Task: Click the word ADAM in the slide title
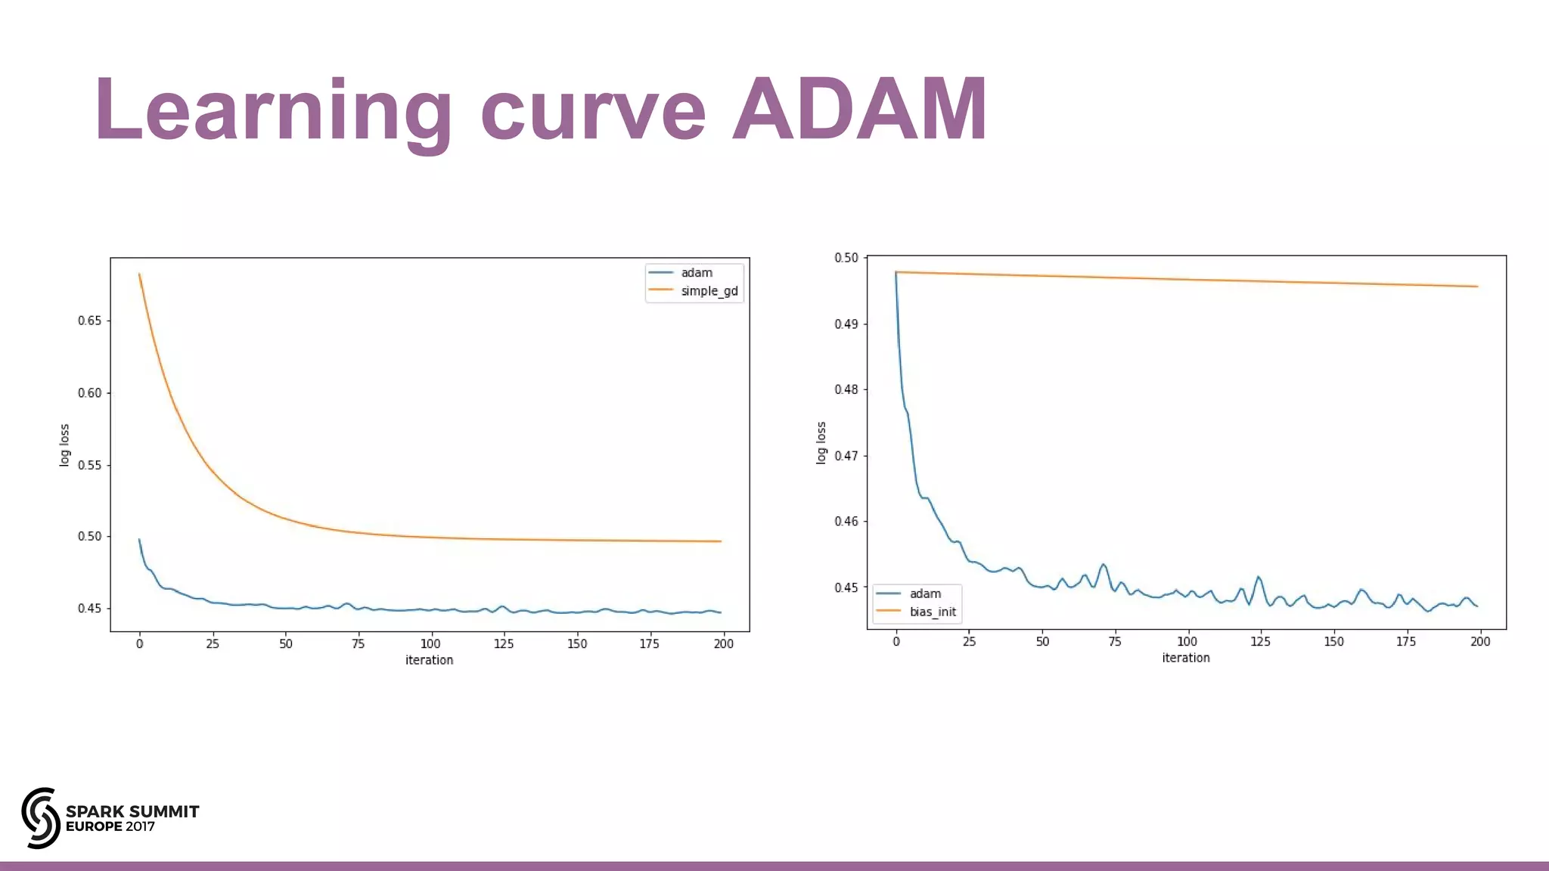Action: pyautogui.click(x=860, y=109)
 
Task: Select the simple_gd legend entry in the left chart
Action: pyautogui.click(x=709, y=291)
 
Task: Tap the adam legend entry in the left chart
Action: pyautogui.click(x=696, y=273)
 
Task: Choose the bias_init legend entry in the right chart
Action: pyautogui.click(x=932, y=612)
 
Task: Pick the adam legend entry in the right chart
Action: pyautogui.click(x=924, y=594)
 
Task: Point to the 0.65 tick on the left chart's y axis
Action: pyautogui.click(x=89, y=321)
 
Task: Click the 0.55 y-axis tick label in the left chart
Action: pyautogui.click(x=89, y=465)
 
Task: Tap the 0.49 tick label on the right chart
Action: pyautogui.click(x=846, y=324)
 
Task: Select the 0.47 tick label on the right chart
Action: pyautogui.click(x=846, y=456)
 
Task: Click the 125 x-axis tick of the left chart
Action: pyautogui.click(x=504, y=643)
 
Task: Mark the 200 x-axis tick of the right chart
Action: pyautogui.click(x=1480, y=641)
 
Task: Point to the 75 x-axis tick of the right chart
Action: pyautogui.click(x=1115, y=641)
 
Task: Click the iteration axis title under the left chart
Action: pyautogui.click(x=429, y=660)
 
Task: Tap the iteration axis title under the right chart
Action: pyautogui.click(x=1186, y=658)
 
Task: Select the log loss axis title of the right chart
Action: pyautogui.click(x=821, y=443)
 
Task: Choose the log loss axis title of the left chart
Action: pyautogui.click(x=64, y=445)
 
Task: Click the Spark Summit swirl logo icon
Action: pyautogui.click(x=40, y=818)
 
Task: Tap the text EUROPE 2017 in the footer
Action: pyautogui.click(x=110, y=826)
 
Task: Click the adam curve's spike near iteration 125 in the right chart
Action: pyautogui.click(x=1259, y=578)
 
